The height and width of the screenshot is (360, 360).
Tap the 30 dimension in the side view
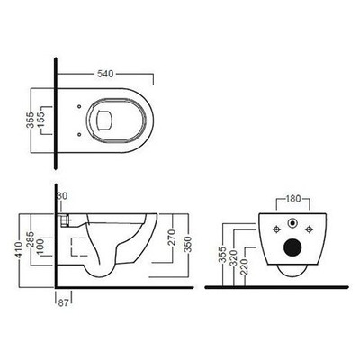(x=62, y=197)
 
